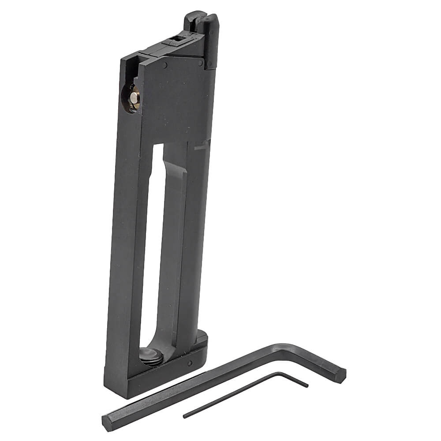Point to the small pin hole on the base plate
tap(189, 363)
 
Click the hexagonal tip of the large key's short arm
tap(341, 375)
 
